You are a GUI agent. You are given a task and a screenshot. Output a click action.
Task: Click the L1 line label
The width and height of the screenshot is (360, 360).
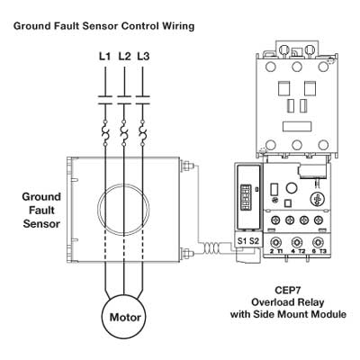[104, 56]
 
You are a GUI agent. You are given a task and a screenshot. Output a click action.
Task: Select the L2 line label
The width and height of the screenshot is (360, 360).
[124, 56]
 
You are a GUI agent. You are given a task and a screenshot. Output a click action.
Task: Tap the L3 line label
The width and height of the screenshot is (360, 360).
[143, 56]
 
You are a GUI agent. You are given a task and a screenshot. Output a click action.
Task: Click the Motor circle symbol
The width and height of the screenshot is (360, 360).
[124, 318]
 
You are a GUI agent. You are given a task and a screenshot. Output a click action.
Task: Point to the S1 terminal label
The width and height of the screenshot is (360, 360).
[242, 241]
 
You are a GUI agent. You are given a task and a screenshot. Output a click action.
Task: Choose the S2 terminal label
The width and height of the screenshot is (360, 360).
[254, 241]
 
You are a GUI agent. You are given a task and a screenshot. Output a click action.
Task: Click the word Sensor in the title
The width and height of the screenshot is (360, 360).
[100, 26]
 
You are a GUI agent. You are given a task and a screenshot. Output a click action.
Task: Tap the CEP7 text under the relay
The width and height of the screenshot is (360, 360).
[288, 291]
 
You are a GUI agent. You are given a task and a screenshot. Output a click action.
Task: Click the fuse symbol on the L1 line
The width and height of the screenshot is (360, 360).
[105, 133]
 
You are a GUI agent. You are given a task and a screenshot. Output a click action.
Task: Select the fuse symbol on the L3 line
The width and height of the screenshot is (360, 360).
[142, 133]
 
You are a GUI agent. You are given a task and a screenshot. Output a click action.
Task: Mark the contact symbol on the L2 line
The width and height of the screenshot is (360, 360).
[124, 100]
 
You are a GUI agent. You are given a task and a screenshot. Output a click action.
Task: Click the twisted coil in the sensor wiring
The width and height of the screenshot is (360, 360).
[212, 248]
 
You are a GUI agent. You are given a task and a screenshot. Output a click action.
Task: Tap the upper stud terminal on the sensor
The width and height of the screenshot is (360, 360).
[186, 166]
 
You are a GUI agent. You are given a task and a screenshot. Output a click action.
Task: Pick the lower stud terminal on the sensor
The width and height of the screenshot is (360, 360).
[186, 253]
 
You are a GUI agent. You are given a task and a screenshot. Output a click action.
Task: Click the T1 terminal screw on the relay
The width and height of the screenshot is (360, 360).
[274, 242]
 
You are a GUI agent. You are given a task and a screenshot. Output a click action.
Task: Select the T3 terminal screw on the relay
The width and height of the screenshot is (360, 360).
[318, 242]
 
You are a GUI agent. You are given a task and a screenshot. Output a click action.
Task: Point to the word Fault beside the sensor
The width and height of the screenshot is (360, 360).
[42, 211]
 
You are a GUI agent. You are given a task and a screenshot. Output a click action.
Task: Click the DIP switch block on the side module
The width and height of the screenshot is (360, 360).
[245, 197]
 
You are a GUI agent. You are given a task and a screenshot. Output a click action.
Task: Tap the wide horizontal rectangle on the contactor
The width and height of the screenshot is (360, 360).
[297, 127]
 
